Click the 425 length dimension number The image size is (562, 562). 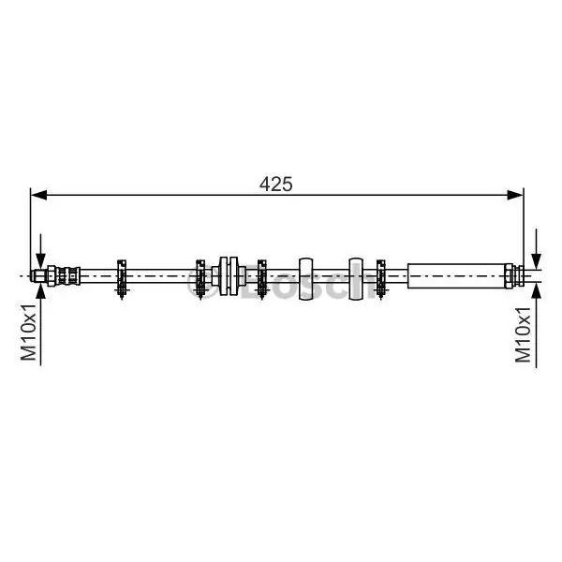275,185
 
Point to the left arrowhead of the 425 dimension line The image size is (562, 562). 38,195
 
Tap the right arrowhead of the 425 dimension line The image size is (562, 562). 515,195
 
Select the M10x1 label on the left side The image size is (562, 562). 29,332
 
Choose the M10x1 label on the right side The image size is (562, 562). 523,334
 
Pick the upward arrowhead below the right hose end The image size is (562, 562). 536,290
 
